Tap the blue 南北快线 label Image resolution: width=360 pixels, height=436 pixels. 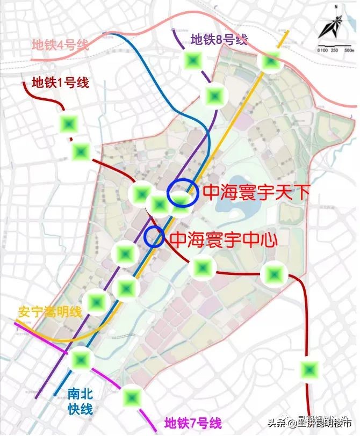tap(80, 401)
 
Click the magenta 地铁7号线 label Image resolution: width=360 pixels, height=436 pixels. tap(192, 423)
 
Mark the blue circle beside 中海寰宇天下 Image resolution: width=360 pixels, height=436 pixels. tap(179, 193)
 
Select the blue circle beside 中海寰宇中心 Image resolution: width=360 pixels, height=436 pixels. tap(154, 236)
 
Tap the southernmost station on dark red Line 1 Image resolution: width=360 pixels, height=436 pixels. tap(309, 370)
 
